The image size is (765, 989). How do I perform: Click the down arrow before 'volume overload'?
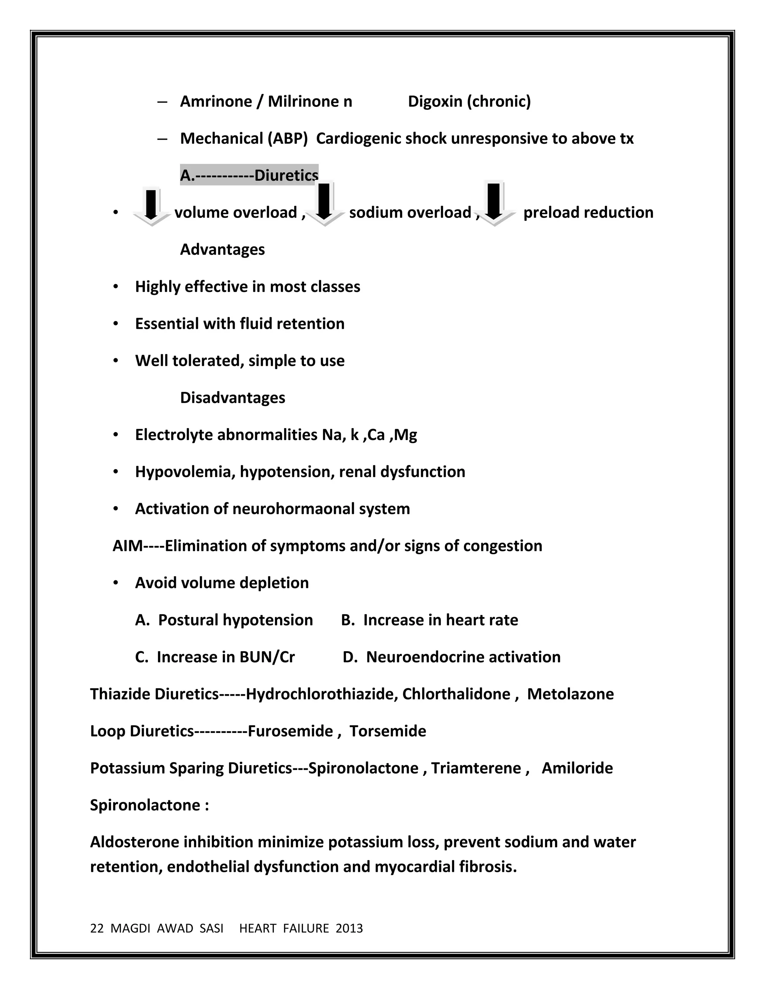point(151,206)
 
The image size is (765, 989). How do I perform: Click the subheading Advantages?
point(222,250)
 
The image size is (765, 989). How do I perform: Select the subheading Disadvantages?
point(232,397)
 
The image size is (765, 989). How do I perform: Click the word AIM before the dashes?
point(127,546)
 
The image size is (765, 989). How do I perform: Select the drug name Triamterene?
point(476,768)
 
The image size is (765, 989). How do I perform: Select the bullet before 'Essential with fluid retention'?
point(116,324)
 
